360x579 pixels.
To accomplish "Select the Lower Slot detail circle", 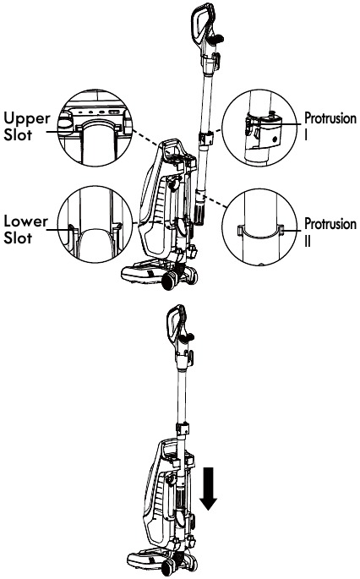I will tap(94, 227).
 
